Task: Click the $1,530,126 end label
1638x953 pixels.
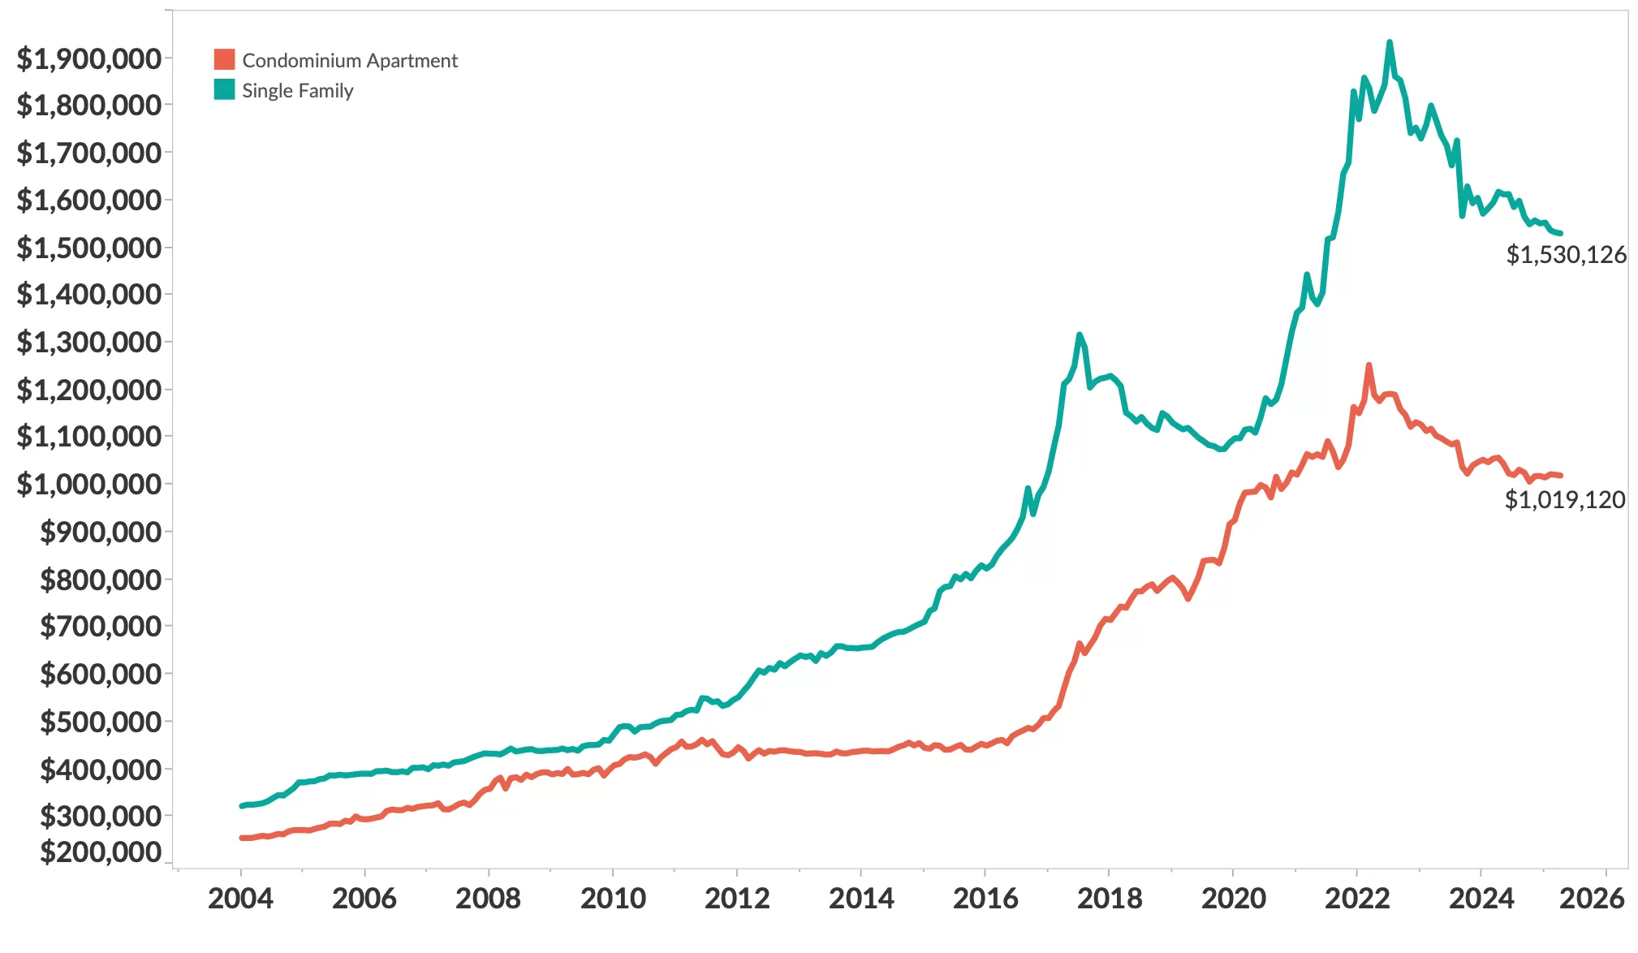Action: coord(1566,255)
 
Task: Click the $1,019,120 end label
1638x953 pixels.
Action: coord(1564,499)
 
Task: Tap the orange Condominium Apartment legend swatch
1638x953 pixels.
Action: coord(224,60)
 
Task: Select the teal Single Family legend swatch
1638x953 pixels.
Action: coord(224,90)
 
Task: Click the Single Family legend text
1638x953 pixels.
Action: coord(297,91)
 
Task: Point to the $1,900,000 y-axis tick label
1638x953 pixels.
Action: coord(88,58)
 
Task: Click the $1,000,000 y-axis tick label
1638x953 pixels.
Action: coord(88,484)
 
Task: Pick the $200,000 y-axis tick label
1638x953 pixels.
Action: coord(101,852)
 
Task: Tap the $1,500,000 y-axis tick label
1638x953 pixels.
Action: coord(88,248)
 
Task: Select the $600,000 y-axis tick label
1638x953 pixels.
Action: coord(101,674)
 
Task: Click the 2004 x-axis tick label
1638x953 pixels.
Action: coord(240,899)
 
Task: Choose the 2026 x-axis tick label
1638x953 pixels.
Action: coord(1592,899)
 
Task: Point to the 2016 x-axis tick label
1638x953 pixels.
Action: coord(985,899)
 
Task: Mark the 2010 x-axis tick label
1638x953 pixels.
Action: coord(613,899)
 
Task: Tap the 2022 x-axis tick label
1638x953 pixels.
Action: coord(1357,899)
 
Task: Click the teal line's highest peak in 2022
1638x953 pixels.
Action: coord(1390,42)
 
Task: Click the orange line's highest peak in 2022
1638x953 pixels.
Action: coord(1369,365)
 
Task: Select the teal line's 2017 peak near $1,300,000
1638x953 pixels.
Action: coord(1079,334)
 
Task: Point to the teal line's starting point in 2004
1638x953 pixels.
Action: coord(242,806)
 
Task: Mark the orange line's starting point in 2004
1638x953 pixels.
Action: coord(242,838)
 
